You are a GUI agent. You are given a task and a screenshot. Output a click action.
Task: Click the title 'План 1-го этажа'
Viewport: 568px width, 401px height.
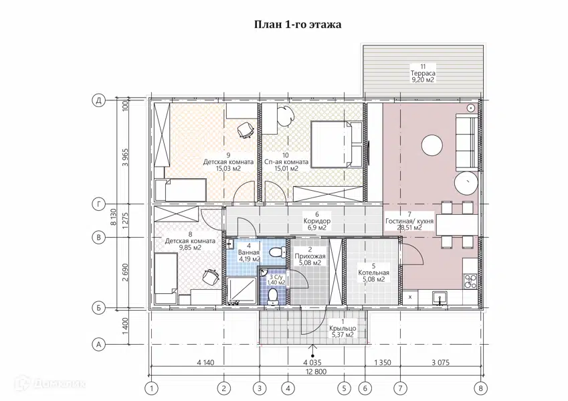coord(298,25)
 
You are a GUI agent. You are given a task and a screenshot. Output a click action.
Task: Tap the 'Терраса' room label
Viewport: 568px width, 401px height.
coord(423,73)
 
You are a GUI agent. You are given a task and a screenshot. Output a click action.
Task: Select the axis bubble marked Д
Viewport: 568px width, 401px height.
coord(98,100)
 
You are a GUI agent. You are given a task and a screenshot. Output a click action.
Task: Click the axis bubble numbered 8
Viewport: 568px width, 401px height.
coord(481,388)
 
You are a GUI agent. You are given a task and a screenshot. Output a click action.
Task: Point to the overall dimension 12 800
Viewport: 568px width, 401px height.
coord(316,372)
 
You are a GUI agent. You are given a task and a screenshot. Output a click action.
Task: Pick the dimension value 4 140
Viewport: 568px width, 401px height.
coord(206,362)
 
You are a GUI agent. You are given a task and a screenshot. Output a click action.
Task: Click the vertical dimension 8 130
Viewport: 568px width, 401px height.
coord(114,217)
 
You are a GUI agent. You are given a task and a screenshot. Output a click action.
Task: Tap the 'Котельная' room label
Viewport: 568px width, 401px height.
coord(373,273)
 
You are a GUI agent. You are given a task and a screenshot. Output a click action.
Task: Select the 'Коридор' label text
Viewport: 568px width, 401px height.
coord(317,221)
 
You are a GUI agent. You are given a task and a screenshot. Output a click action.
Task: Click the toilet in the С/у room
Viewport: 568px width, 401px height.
coord(272,297)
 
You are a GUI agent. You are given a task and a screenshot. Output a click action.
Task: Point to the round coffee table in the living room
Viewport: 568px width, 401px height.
coord(432,145)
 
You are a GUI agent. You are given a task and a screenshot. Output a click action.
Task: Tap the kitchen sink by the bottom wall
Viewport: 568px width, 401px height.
coord(440,298)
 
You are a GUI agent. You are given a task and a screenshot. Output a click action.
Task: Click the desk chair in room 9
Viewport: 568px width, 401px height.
coord(246,130)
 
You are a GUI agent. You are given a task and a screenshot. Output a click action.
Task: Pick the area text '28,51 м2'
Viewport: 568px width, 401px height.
coord(409,228)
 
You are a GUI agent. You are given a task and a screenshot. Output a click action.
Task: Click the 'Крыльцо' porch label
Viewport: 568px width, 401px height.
coord(343,328)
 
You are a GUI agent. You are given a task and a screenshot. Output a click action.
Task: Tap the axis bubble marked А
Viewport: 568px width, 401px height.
coord(98,344)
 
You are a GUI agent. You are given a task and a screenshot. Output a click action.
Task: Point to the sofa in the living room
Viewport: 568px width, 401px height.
coord(466,141)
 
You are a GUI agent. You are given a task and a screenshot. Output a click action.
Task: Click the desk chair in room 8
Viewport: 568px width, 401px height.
coord(211,278)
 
